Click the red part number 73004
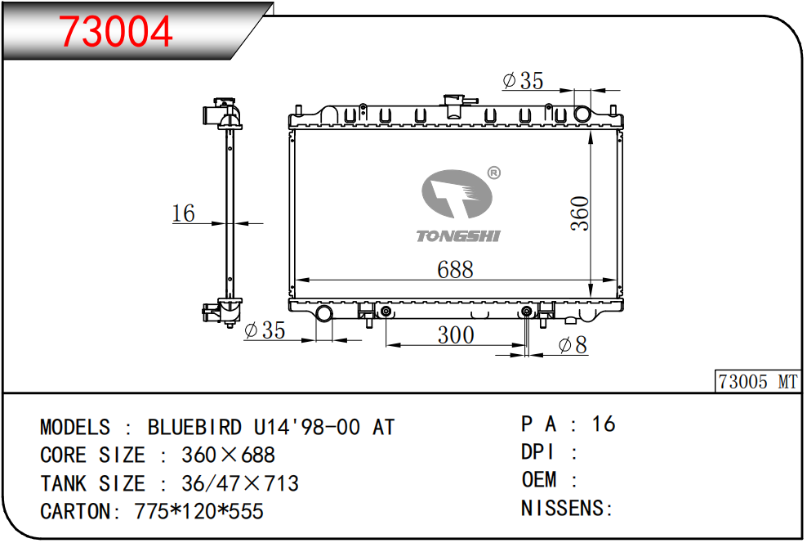coord(115,31)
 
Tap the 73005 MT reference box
coord(758,382)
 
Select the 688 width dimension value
coord(455,269)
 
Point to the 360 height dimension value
coord(580,213)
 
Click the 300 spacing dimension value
coord(456,335)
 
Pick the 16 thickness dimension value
coord(183,213)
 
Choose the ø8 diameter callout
coord(573,345)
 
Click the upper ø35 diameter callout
coord(523,80)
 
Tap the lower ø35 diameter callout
coord(265,330)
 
